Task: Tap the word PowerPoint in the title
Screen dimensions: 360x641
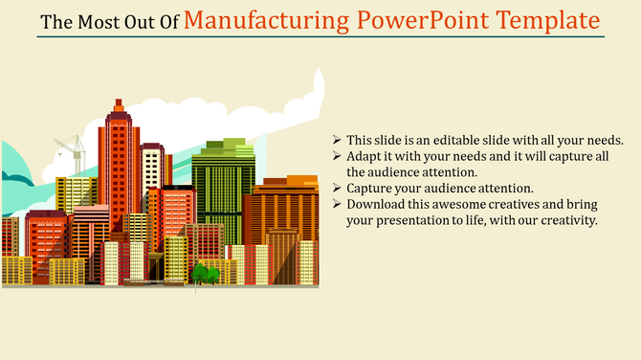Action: (425, 20)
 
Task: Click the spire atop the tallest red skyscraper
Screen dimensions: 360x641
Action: (119, 104)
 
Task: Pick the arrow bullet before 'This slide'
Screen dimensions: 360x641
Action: (338, 139)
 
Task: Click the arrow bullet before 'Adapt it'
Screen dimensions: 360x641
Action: (338, 156)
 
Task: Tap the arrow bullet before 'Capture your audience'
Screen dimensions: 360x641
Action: (338, 189)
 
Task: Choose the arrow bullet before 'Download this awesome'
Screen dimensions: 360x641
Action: (338, 205)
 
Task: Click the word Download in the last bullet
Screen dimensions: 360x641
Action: (376, 205)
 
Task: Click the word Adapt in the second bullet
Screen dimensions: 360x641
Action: (365, 156)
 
